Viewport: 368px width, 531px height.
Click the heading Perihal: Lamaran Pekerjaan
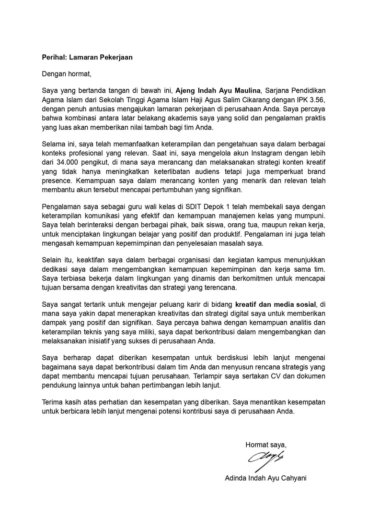(x=87, y=57)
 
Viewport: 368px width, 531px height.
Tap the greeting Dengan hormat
(x=66, y=74)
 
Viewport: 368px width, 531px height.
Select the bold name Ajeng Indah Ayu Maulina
(x=218, y=90)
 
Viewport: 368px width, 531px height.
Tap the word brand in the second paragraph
(x=315, y=171)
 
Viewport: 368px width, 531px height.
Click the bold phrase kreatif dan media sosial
(x=276, y=304)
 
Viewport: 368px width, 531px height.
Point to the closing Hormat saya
(x=265, y=444)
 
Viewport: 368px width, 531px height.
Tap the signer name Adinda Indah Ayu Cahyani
(x=265, y=478)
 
